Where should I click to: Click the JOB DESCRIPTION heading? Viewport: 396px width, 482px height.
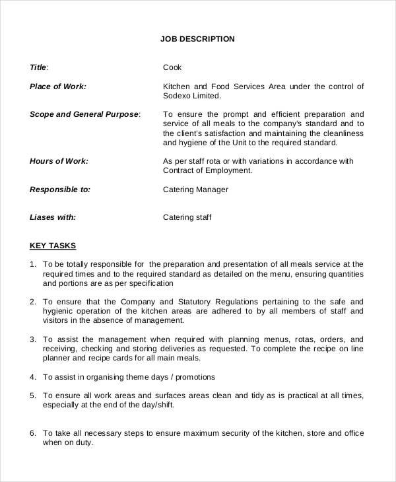(197, 39)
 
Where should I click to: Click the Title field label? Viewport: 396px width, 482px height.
(39, 67)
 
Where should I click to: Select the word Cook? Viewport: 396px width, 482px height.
(172, 67)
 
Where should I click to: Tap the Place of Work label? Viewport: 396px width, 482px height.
(58, 86)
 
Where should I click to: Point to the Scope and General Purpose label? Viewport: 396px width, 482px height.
(84, 114)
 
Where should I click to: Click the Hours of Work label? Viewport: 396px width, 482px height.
(59, 160)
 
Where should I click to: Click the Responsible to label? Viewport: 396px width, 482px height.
(59, 189)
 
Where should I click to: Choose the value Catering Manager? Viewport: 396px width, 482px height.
(195, 189)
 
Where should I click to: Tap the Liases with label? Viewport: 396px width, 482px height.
(53, 217)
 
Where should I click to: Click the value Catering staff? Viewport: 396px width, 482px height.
(187, 217)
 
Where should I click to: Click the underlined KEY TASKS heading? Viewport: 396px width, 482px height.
(53, 246)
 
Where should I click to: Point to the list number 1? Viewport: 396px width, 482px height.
(32, 264)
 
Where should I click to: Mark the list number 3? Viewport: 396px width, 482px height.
(32, 339)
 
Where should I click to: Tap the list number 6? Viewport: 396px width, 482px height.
(32, 433)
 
